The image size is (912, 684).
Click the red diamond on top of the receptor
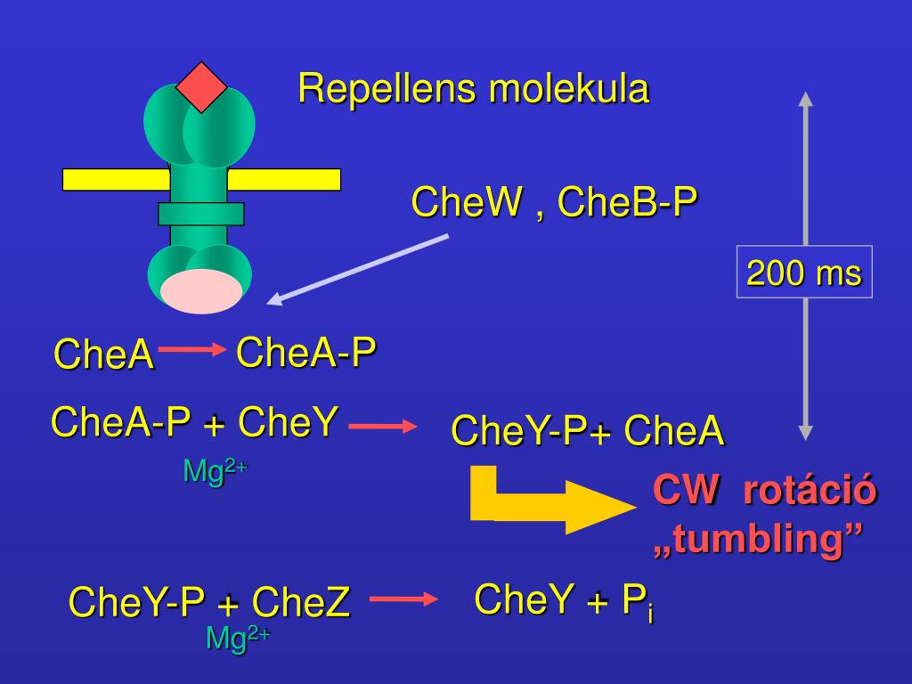[201, 86]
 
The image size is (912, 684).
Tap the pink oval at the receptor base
[201, 290]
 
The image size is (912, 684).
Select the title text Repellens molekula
[473, 89]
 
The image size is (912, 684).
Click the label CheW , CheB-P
[554, 203]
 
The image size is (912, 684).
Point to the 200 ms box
[804, 273]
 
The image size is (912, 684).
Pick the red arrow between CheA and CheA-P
[192, 350]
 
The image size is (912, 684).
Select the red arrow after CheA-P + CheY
[383, 427]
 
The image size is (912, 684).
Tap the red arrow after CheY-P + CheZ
[404, 598]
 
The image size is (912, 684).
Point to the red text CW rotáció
[765, 491]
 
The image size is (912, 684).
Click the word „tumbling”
[759, 541]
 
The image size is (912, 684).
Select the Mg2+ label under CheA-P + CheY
[214, 470]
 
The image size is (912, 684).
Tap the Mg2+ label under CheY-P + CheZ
[237, 638]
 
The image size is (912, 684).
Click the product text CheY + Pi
[564, 601]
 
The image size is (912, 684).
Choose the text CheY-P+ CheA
[588, 432]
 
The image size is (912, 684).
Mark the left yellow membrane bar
[116, 180]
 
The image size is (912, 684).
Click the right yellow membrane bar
[284, 180]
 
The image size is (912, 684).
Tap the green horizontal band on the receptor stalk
[200, 214]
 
